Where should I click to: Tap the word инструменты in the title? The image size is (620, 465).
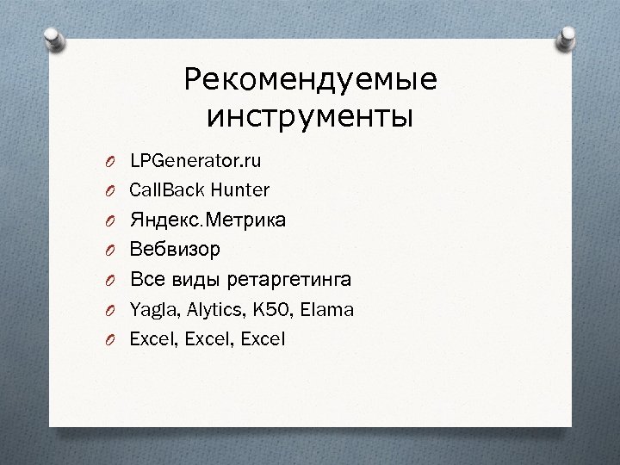click(310, 115)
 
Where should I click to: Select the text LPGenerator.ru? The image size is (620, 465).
click(196, 160)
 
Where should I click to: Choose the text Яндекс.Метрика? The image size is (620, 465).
click(208, 220)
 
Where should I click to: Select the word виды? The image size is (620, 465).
click(189, 280)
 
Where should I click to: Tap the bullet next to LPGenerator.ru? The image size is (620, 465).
click(111, 162)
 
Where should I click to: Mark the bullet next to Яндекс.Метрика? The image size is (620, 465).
click(111, 221)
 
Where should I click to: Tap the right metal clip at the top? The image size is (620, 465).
click(567, 38)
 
